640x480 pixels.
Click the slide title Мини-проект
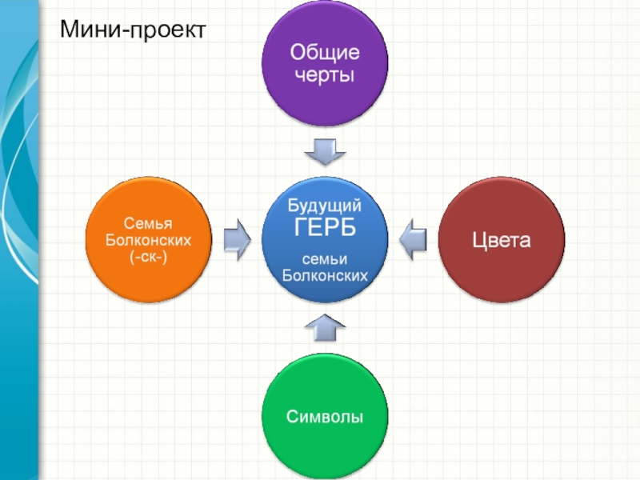[132, 30]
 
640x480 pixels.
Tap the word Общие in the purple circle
[325, 55]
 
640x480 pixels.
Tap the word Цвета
[502, 241]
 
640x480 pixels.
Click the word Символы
[325, 418]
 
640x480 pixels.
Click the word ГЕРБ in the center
[325, 228]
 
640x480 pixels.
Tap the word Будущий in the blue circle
[325, 206]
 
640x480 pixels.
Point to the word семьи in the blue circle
[325, 261]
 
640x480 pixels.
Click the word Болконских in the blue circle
[325, 276]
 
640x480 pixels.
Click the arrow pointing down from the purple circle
[325, 150]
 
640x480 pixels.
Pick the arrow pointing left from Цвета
[413, 238]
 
